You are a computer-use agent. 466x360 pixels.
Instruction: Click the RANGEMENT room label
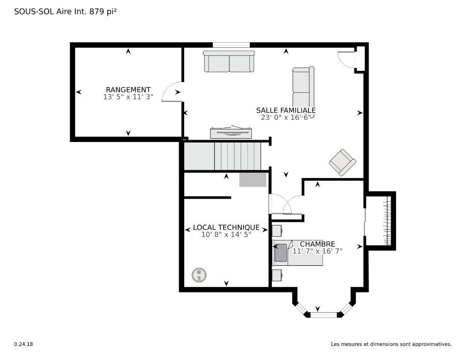coord(128,90)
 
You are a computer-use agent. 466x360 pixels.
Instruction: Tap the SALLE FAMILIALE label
coord(286,110)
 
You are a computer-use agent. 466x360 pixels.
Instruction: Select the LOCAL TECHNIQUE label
coord(226,227)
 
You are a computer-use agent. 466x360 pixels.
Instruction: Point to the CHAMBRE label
coord(317,244)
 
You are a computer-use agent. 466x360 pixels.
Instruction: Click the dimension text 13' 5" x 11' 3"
coord(128,97)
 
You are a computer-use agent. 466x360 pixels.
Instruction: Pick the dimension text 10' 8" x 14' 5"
coord(226,234)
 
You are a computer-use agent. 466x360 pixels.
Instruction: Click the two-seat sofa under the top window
coord(229,61)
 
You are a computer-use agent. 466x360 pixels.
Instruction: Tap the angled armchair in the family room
coord(342,162)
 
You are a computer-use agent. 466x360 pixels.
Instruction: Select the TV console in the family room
coord(233,133)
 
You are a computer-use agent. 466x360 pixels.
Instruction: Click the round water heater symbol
coord(199,275)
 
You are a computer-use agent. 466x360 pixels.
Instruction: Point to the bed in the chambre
coord(298,253)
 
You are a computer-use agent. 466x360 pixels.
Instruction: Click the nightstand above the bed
coord(277,230)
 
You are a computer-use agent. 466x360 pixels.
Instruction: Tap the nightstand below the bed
coord(277,275)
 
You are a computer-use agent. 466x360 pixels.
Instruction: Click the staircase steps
coord(237,156)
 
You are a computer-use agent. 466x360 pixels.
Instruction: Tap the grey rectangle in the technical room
coord(253,180)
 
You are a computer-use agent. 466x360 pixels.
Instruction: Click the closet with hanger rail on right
coord(381,220)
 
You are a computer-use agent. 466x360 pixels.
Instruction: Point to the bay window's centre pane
coord(323,315)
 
